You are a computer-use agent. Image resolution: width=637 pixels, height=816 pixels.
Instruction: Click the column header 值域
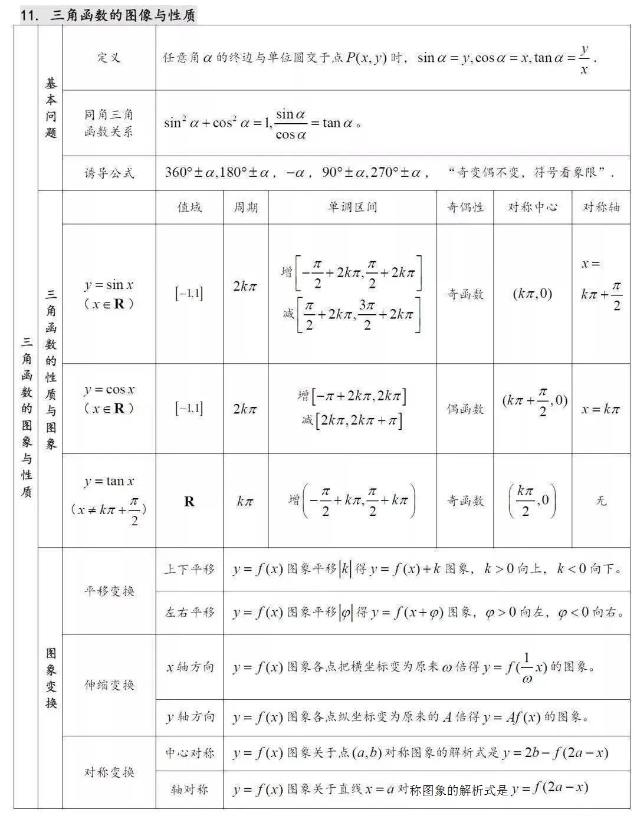point(189,207)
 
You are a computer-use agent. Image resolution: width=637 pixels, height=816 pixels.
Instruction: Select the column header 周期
point(245,207)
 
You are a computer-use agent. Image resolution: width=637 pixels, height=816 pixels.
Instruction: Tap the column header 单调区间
point(352,207)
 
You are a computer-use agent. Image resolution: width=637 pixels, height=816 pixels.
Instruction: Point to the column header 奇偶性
point(465,207)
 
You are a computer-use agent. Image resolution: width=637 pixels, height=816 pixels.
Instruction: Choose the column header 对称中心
point(533,207)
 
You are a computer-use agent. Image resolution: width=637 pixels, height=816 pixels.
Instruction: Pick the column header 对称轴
point(601,207)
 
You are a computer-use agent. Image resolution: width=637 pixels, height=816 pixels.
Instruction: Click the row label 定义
point(109,57)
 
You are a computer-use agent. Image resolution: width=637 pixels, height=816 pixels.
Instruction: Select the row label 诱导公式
point(109,173)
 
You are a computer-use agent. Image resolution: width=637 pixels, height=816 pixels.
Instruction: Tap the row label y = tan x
point(109,482)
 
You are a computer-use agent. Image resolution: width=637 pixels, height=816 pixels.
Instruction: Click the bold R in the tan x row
point(189,501)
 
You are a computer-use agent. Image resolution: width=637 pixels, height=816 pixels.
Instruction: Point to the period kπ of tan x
point(245,501)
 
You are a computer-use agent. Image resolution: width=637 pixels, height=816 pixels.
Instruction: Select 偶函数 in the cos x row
point(465,409)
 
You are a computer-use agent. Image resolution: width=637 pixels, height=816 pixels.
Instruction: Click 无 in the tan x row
point(600,501)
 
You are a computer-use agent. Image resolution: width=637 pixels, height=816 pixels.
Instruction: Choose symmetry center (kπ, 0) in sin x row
point(532,293)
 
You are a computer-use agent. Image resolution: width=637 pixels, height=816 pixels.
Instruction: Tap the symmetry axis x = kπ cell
point(600,409)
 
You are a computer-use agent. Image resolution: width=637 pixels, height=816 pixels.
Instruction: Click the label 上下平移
point(189,569)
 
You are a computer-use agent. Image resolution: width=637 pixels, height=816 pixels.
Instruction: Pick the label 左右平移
point(189,613)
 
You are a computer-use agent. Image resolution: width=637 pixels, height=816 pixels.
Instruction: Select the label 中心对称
point(189,753)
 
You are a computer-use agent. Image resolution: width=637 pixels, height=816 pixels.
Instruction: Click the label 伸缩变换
point(109,685)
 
